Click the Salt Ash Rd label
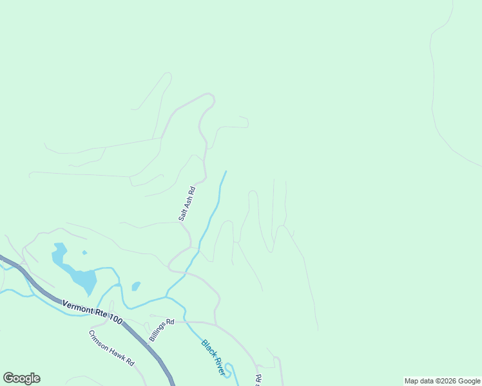click(187, 205)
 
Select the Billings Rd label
click(162, 330)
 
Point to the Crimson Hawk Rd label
click(111, 348)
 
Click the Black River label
click(213, 357)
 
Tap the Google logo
click(21, 378)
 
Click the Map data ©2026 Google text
click(442, 381)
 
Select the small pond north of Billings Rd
click(136, 286)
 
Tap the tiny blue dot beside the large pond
click(84, 252)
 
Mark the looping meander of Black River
click(231, 371)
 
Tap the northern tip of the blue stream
click(226, 172)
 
